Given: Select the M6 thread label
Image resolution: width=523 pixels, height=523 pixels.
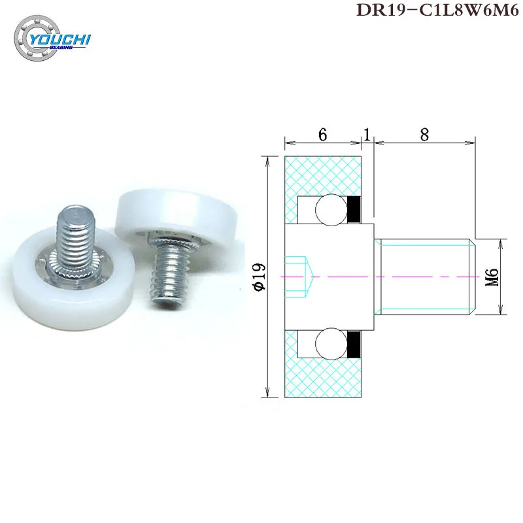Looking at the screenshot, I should point(494,277).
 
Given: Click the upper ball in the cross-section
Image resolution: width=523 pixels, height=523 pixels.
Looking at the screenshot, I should point(328,209).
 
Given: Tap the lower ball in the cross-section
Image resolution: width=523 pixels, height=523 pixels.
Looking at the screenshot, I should point(328,344).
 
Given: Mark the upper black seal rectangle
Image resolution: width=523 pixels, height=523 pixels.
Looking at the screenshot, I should point(354,209).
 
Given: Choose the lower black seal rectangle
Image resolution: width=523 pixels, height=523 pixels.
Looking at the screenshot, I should point(354,344).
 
